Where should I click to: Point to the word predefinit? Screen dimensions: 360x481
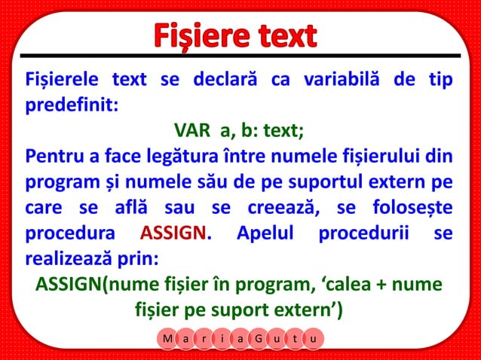(70, 105)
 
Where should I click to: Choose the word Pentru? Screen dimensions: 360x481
(54, 157)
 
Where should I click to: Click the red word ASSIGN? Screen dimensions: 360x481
(173, 233)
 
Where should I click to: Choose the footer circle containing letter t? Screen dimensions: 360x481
(295, 340)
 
